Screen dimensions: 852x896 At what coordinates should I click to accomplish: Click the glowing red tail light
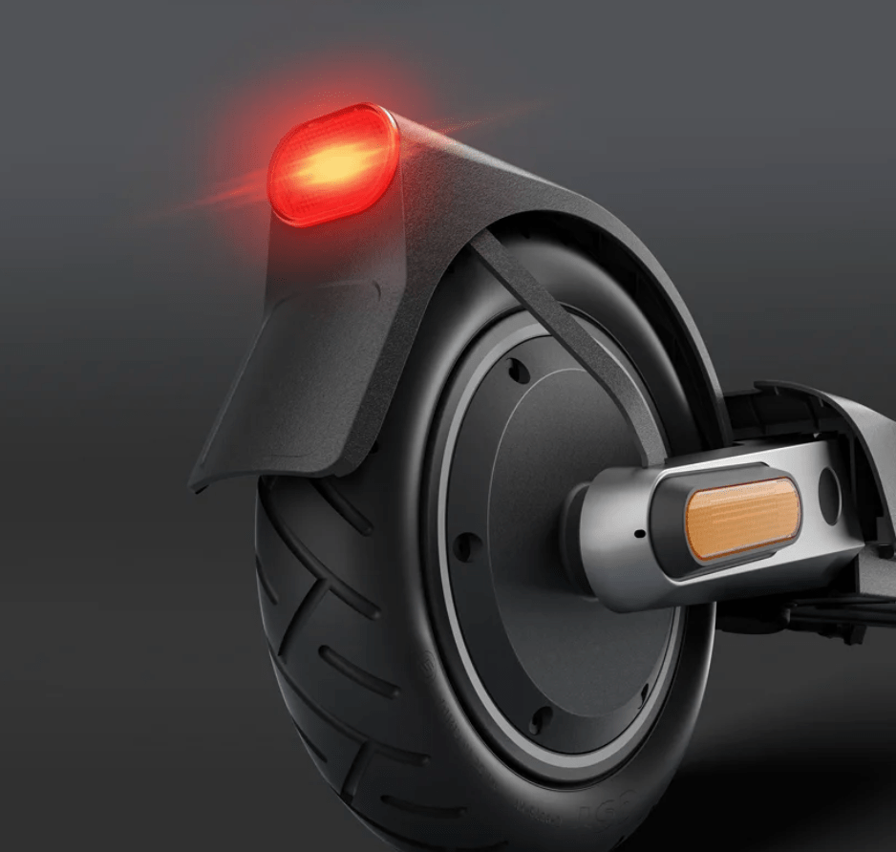click(332, 165)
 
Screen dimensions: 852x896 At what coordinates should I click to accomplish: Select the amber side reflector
click(741, 519)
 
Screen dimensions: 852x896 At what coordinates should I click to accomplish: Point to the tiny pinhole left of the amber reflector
click(636, 532)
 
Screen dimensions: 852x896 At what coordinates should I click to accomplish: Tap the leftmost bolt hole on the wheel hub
click(466, 547)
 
